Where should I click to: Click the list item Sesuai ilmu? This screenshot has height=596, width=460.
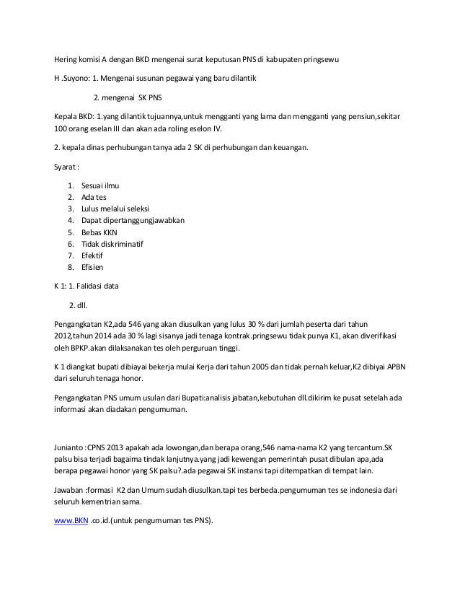click(101, 185)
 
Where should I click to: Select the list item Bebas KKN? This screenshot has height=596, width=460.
click(99, 232)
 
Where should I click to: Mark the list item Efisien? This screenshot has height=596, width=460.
click(94, 268)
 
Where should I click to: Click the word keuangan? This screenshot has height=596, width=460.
click(286, 149)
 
